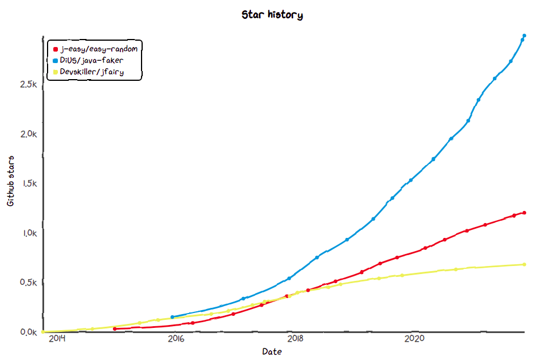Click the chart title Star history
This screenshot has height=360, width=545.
click(x=272, y=15)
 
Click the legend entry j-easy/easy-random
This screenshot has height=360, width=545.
click(x=99, y=48)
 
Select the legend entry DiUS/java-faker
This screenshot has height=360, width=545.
click(x=91, y=60)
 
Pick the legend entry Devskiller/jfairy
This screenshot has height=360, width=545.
click(x=92, y=72)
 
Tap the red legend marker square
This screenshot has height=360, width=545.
click(x=56, y=49)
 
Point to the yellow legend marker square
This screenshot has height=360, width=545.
click(x=56, y=72)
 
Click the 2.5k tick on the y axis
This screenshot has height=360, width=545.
click(x=28, y=84)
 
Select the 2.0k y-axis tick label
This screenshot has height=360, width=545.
click(x=28, y=134)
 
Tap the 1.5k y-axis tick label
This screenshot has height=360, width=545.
click(x=28, y=183)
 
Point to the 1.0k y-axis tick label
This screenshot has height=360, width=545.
click(x=28, y=233)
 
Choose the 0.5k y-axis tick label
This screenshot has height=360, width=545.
click(x=28, y=283)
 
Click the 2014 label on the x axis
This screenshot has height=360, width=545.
click(x=57, y=339)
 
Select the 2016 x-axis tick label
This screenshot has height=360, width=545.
click(x=176, y=339)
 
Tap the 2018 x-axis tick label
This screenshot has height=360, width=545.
click(x=295, y=339)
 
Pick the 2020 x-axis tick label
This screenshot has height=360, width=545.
click(x=414, y=339)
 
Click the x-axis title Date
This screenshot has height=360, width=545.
click(x=272, y=351)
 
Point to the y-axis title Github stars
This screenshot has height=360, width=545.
click(x=10, y=181)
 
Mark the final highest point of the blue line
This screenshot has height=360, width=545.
click(x=524, y=36)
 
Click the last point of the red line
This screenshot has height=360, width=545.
click(x=524, y=213)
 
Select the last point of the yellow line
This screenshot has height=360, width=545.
click(x=524, y=264)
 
